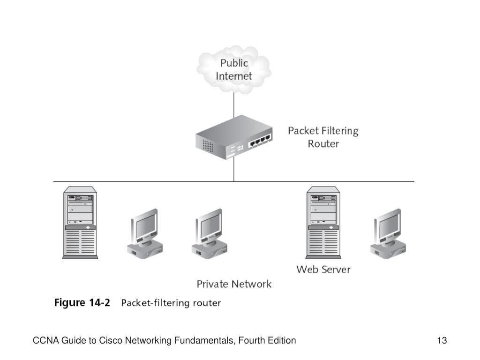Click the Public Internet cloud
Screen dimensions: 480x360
point(234,69)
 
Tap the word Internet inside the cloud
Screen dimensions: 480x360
point(234,76)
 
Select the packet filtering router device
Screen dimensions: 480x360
point(234,137)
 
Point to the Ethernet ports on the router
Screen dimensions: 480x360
point(260,141)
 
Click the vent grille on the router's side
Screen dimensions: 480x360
point(208,146)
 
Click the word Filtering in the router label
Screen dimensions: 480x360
point(340,131)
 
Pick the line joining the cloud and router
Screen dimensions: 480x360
point(234,105)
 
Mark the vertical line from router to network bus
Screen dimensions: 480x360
point(234,170)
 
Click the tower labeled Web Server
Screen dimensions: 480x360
point(323,223)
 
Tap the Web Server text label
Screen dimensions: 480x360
point(323,270)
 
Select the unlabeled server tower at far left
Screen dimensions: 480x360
point(80,223)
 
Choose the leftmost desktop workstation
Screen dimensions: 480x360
point(145,233)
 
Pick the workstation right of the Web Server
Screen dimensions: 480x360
point(388,233)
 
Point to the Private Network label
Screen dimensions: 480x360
point(234,284)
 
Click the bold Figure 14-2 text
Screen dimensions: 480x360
point(82,303)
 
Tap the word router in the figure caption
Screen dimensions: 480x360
point(207,303)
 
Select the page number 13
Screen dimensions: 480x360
point(442,340)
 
